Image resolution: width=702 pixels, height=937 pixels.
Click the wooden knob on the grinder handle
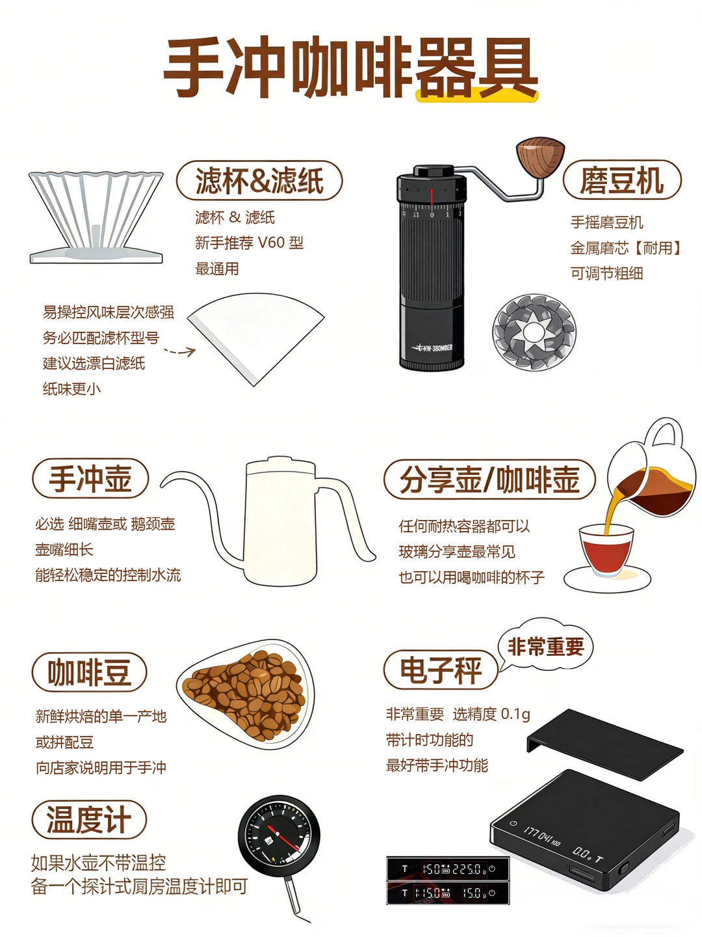(540, 157)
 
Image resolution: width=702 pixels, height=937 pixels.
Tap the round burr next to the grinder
(534, 333)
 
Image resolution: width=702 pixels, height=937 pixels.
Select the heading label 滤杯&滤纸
(259, 180)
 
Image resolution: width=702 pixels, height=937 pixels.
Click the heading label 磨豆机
(621, 180)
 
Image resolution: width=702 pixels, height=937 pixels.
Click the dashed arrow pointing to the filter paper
(179, 352)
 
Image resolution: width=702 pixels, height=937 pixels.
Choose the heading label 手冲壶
(90, 478)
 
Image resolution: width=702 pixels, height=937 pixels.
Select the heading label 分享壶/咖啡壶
(489, 480)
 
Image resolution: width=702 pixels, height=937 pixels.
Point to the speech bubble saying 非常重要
(545, 646)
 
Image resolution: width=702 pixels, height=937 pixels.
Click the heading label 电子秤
(441, 670)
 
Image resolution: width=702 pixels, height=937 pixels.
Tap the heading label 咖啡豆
(89, 672)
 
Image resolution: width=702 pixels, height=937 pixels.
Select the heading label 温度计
(89, 819)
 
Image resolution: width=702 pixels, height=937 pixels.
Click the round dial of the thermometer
(279, 835)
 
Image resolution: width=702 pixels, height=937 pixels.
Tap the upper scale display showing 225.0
(447, 869)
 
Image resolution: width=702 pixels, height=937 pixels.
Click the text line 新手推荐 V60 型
(249, 243)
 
